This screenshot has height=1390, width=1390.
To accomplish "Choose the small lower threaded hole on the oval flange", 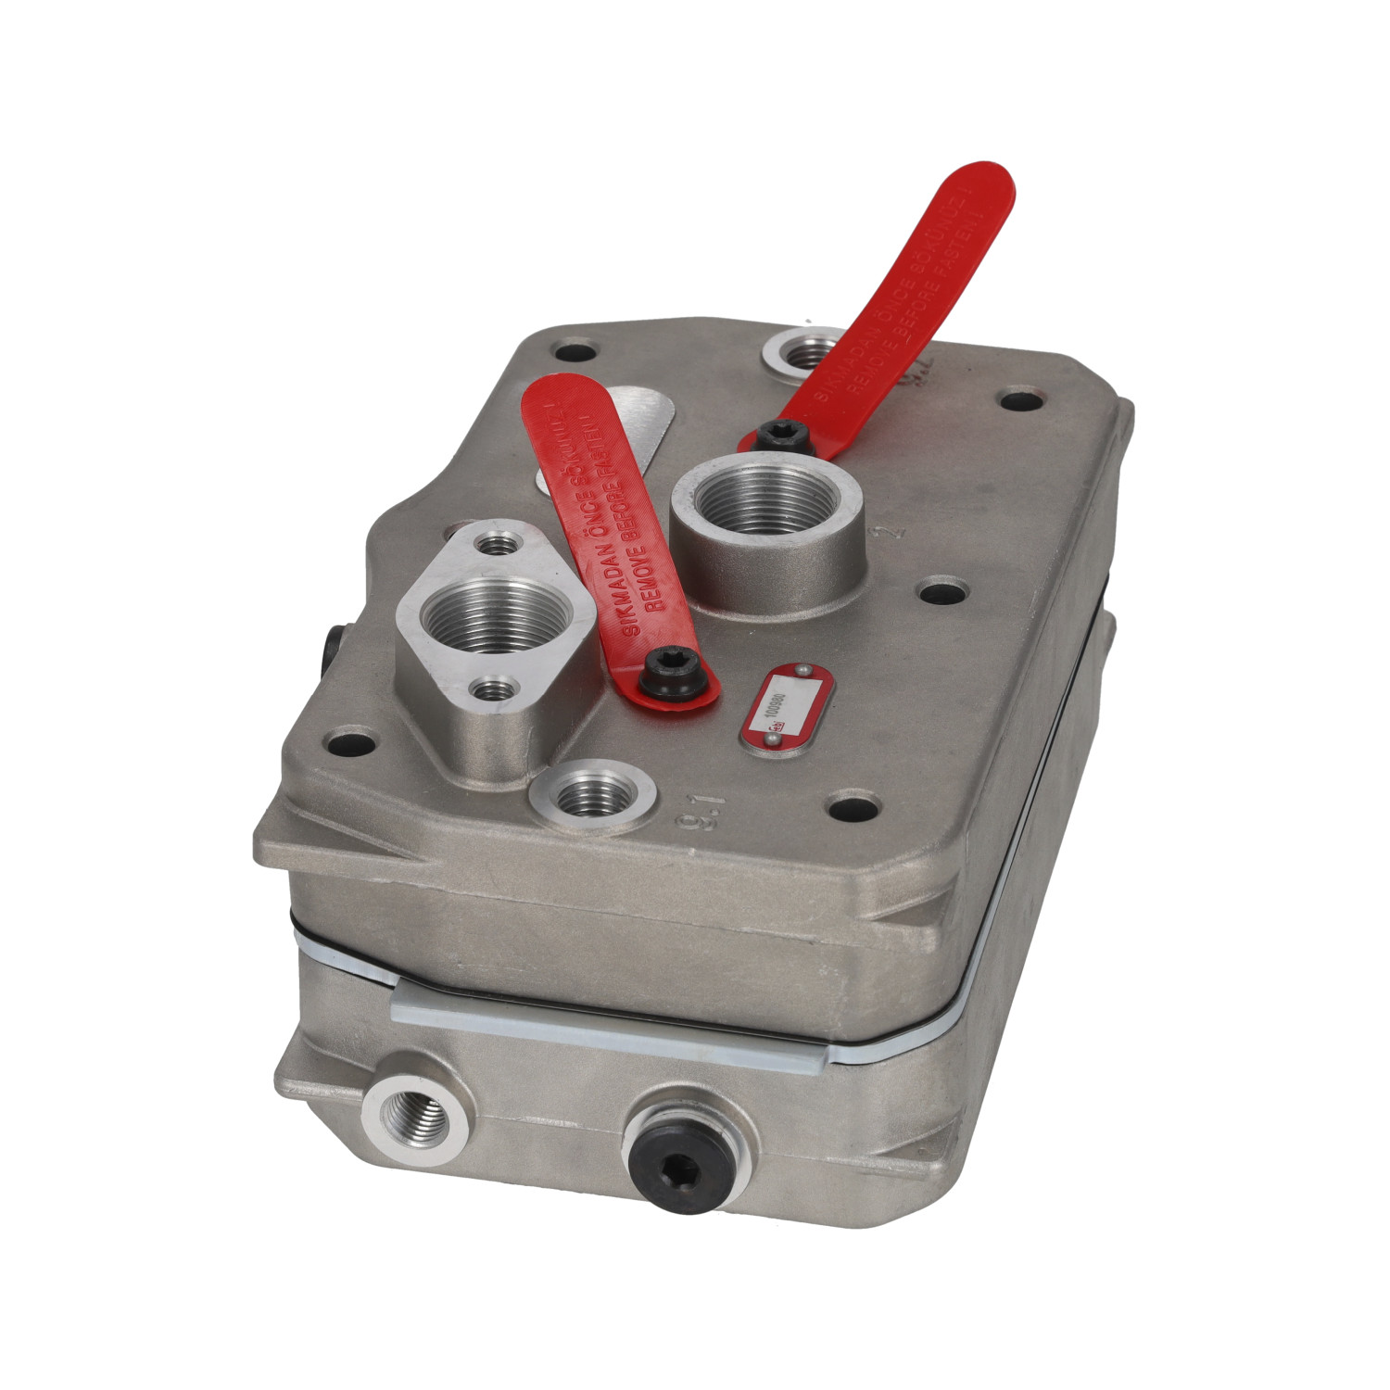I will pos(490,689).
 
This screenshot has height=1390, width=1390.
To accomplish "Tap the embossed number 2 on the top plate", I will pos(892,533).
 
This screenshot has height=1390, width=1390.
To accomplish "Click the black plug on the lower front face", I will pos(675,1155).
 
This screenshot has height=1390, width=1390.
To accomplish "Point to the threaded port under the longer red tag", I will pos(800,353).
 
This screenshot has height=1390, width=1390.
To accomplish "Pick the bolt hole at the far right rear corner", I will pos(1022,402).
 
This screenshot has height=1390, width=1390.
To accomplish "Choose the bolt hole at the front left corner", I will pos(351,742).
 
